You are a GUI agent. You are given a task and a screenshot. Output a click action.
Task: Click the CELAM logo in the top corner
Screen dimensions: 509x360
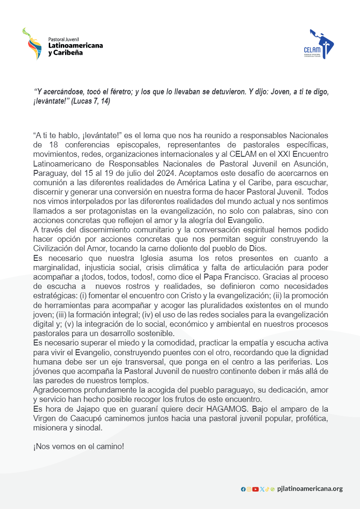[322, 44]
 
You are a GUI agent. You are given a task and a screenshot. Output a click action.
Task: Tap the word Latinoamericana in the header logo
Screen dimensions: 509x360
[75, 45]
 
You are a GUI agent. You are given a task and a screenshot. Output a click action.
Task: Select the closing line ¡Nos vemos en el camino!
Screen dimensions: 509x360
[79, 447]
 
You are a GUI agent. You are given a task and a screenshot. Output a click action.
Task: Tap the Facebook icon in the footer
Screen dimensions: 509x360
[243, 489]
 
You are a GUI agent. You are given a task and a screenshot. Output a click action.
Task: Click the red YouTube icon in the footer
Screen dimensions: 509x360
[255, 489]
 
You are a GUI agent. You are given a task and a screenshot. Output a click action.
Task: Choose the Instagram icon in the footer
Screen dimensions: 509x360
[249, 489]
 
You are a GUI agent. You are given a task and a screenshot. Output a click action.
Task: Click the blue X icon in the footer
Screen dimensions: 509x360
[262, 489]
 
